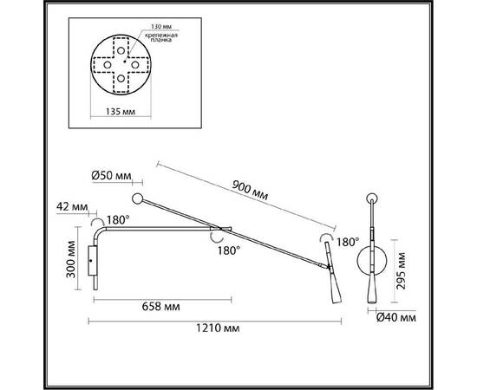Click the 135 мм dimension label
click(x=121, y=112)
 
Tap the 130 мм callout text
click(x=161, y=27)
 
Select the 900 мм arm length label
click(x=250, y=191)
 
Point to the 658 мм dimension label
click(x=160, y=307)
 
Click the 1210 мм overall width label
click(x=218, y=328)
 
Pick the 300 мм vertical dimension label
click(x=71, y=259)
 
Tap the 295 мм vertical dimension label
click(x=402, y=271)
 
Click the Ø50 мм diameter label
click(x=111, y=176)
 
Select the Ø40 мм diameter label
click(x=396, y=318)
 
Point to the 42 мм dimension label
click(x=72, y=207)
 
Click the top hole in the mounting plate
click(x=121, y=50)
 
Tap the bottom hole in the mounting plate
click(x=121, y=78)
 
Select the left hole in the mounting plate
click(x=107, y=65)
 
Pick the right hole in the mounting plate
click(x=135, y=65)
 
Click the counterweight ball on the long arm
click(x=138, y=198)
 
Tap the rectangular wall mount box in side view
click(x=93, y=261)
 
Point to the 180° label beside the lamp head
click(x=348, y=243)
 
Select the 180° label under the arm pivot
click(x=229, y=250)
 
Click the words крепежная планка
click(x=161, y=37)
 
